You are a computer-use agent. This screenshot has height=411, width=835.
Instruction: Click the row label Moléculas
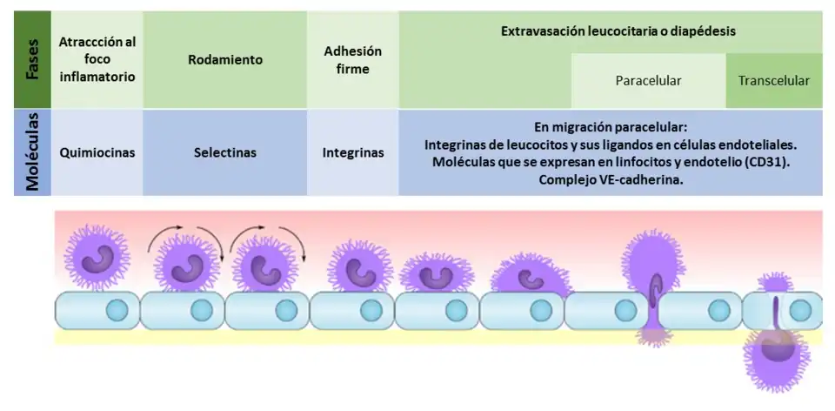click(32, 152)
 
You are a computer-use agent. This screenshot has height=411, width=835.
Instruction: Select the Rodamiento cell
click(225, 60)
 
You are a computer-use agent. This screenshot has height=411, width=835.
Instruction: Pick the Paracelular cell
click(648, 81)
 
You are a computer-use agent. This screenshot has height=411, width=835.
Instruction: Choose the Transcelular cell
click(774, 81)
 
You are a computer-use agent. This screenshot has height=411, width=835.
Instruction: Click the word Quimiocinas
click(97, 152)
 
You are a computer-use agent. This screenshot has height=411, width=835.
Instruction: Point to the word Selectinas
click(225, 152)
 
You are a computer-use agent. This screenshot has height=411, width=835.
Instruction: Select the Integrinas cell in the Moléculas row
click(353, 152)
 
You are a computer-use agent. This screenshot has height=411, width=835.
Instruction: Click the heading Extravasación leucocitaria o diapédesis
click(618, 30)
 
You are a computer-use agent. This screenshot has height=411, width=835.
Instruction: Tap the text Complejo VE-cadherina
click(611, 180)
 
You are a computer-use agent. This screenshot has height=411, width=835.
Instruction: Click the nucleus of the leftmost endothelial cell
click(117, 310)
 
